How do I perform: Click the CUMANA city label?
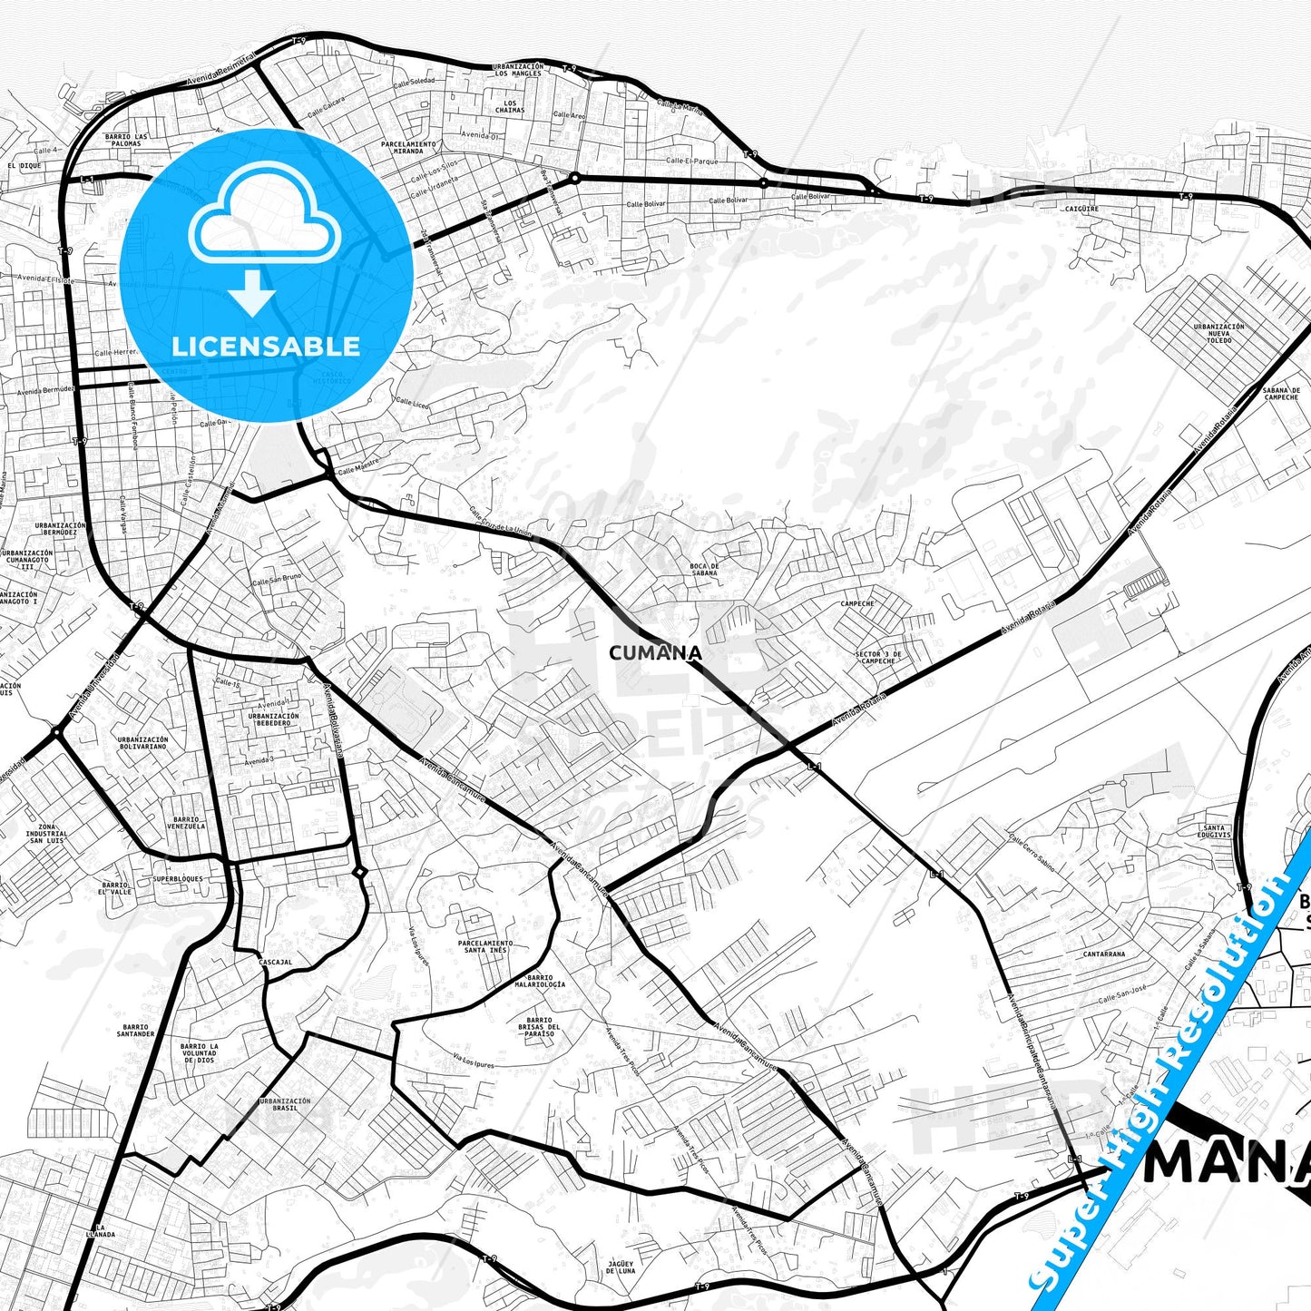point(655,653)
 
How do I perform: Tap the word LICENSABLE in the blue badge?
point(266,347)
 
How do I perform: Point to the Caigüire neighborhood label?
point(1081,209)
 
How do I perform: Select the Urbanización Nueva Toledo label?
point(1218,333)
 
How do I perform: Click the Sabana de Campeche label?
point(1281,394)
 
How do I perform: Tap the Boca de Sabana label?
point(704,570)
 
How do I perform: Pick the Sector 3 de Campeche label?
point(878,657)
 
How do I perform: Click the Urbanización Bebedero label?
point(273,719)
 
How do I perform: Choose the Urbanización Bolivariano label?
point(142,743)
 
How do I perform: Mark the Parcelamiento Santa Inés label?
point(485,946)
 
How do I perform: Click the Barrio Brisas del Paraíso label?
point(539,1026)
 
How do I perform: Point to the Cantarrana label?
point(1104,954)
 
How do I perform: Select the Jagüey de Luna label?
point(621,1267)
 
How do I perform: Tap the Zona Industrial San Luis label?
point(45,834)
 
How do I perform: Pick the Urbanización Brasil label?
point(285,1104)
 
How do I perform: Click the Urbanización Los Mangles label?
point(518,70)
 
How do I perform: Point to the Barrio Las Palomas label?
point(126,140)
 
